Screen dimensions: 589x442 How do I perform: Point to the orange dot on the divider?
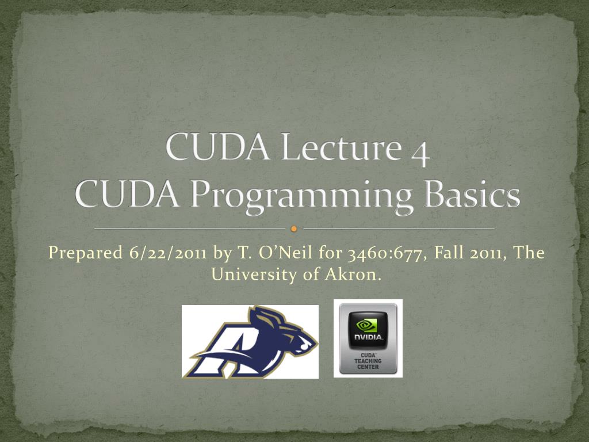click(x=294, y=228)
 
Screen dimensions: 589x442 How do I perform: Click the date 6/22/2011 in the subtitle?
click(x=167, y=253)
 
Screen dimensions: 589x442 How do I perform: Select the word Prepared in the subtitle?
click(x=86, y=253)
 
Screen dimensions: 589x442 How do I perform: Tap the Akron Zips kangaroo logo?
click(x=250, y=342)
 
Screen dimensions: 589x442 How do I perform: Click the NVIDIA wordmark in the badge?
click(x=368, y=337)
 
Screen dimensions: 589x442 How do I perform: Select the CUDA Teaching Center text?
click(x=368, y=361)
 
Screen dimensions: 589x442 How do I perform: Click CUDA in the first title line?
click(x=217, y=147)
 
